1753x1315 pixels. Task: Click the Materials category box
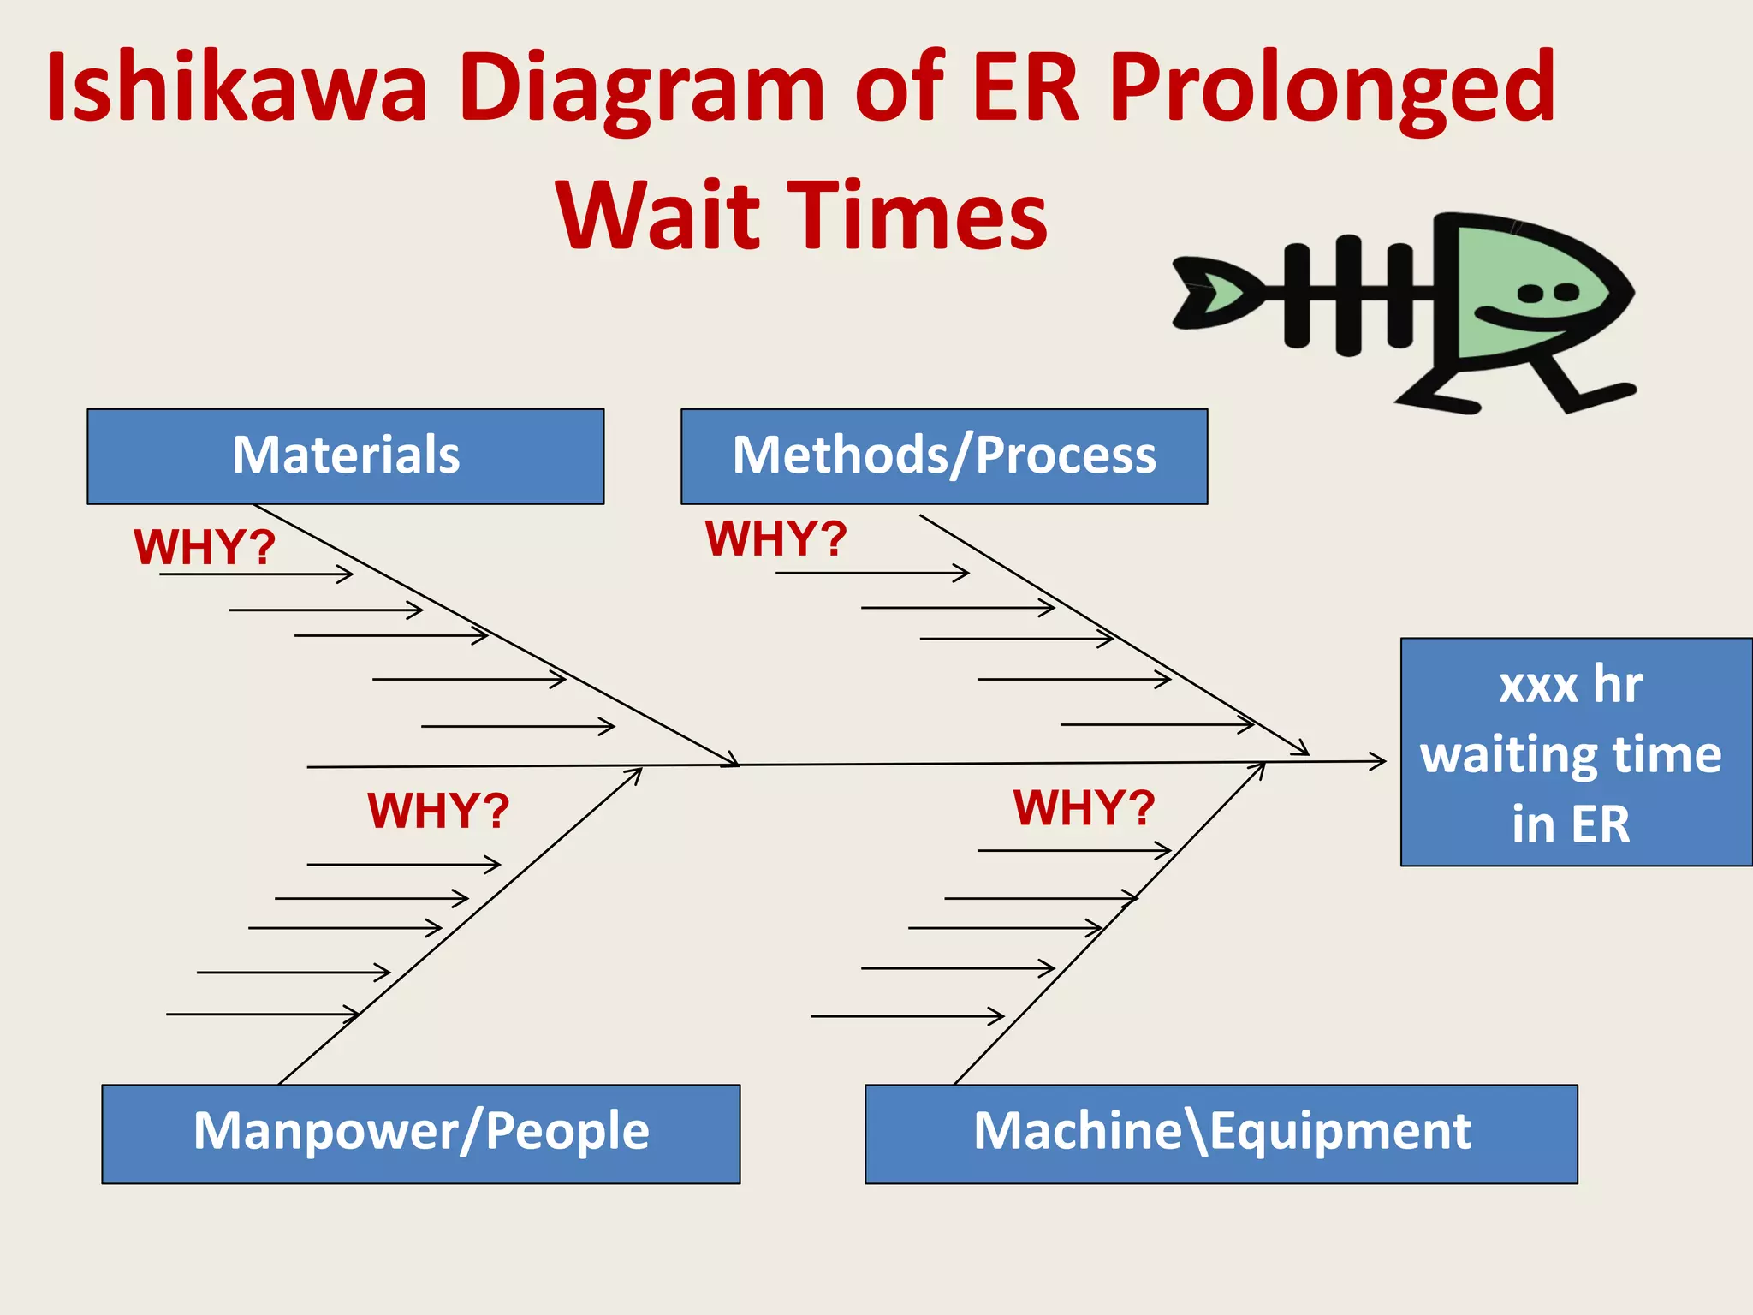tap(345, 456)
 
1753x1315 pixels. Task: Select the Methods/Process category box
tap(943, 456)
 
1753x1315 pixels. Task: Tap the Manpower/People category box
tap(420, 1134)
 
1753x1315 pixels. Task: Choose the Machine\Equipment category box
tap(1221, 1134)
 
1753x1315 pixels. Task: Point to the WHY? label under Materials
tap(205, 547)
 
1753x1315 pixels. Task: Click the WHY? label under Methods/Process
tap(775, 539)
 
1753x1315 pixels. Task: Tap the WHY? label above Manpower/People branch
tap(438, 810)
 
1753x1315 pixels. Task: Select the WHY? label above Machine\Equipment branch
tap(1084, 807)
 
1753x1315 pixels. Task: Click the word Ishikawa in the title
tap(236, 88)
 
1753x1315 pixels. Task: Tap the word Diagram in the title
tap(642, 88)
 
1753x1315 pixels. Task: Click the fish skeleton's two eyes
tap(1548, 294)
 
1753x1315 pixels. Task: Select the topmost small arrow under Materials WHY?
tap(257, 574)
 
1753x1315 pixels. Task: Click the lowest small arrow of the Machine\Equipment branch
tap(907, 1016)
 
